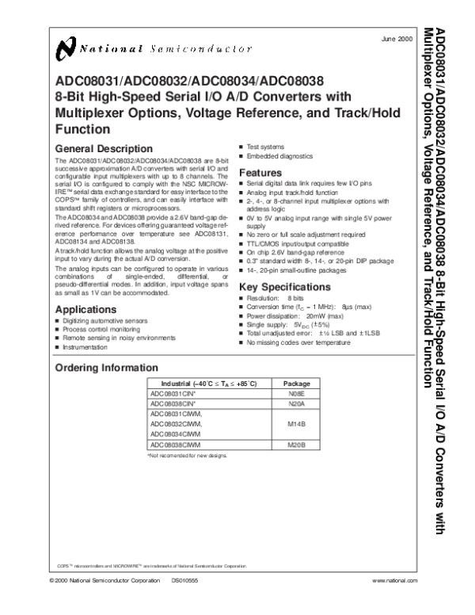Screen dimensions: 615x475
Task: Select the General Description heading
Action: (102, 148)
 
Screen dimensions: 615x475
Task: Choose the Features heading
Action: (260, 173)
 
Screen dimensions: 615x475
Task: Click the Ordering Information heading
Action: (105, 369)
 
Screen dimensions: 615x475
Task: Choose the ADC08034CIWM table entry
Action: (176, 435)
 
